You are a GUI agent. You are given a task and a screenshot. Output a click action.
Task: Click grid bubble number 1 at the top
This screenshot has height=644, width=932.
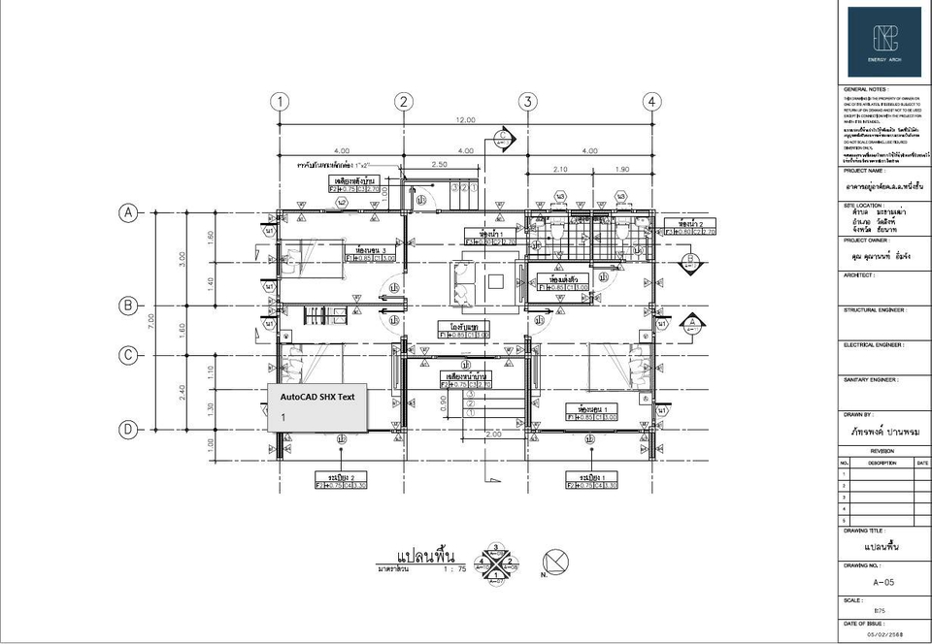click(x=280, y=102)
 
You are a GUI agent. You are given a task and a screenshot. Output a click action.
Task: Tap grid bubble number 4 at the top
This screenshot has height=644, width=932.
click(x=651, y=102)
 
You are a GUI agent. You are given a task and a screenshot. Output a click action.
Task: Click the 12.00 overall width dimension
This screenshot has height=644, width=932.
click(x=466, y=120)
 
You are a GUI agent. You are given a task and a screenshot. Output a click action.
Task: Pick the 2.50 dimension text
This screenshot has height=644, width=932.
click(x=439, y=165)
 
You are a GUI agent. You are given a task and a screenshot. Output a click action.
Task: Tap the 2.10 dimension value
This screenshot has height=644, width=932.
click(x=559, y=169)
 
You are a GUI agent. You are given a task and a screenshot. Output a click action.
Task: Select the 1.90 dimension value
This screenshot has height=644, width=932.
click(x=621, y=169)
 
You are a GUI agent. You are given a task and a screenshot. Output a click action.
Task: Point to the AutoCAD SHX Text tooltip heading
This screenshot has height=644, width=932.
click(x=317, y=397)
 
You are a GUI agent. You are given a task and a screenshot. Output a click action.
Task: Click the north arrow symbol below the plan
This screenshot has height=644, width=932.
click(x=555, y=562)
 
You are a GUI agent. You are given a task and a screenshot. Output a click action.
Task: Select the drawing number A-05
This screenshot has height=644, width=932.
click(x=882, y=584)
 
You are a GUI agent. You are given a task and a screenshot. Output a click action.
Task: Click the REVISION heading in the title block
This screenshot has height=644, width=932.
click(x=882, y=451)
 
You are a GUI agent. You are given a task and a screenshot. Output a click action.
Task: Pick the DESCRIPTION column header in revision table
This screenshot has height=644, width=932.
click(x=882, y=464)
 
